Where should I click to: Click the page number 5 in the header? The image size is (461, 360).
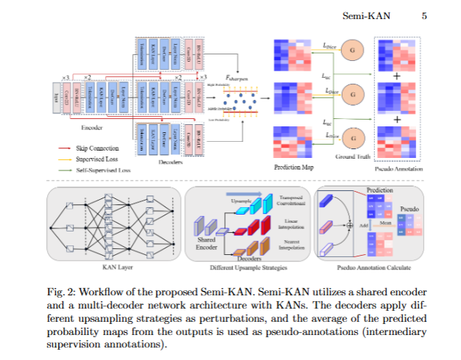tap(424, 15)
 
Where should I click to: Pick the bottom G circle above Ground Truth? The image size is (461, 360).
tap(353, 137)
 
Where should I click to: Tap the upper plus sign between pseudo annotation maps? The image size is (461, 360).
tap(397, 75)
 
